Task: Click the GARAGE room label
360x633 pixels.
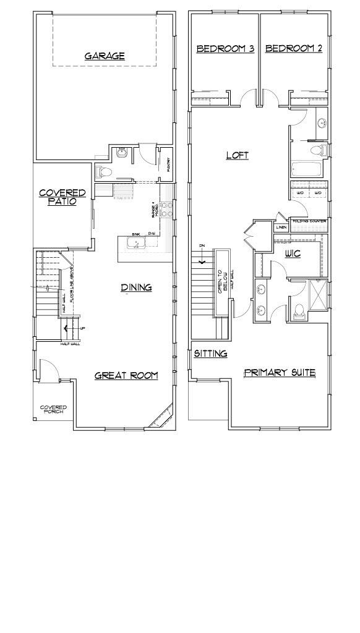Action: pyautogui.click(x=105, y=56)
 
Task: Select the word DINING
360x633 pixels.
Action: pyautogui.click(x=136, y=287)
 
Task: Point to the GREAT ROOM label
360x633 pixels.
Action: pyautogui.click(x=126, y=375)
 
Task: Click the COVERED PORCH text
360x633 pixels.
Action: pyautogui.click(x=53, y=409)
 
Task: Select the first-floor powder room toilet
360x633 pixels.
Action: pyautogui.click(x=103, y=171)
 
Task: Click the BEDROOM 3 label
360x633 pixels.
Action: pyautogui.click(x=225, y=49)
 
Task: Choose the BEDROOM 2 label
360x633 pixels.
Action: pyautogui.click(x=294, y=49)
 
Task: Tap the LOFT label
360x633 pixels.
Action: pyautogui.click(x=237, y=155)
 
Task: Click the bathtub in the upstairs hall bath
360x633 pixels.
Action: pyautogui.click(x=307, y=169)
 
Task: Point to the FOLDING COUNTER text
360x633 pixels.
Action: pyautogui.click(x=310, y=221)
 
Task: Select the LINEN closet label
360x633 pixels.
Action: pyautogui.click(x=281, y=227)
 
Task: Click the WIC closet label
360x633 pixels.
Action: pyautogui.click(x=293, y=253)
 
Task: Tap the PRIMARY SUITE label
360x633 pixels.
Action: pyautogui.click(x=280, y=373)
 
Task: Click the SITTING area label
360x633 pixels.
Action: pyautogui.click(x=211, y=354)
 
